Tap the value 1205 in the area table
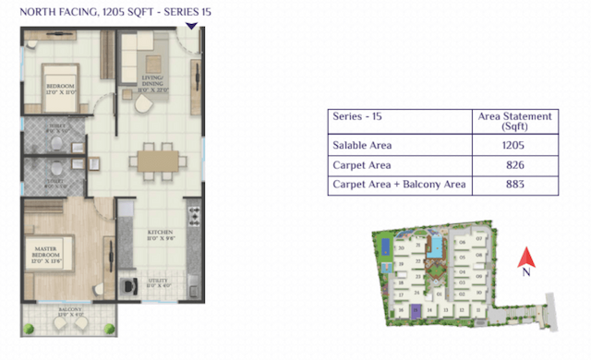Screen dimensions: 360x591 (x=515, y=145)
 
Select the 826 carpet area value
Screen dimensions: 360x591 (x=515, y=165)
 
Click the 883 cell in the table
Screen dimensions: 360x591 (x=515, y=186)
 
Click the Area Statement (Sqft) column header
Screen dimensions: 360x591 (x=515, y=121)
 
